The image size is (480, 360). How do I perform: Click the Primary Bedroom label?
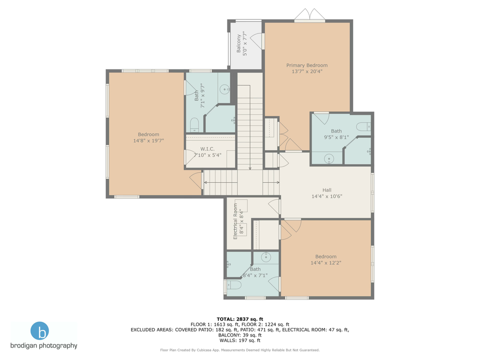(306, 65)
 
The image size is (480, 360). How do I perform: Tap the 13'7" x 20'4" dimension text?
(306, 71)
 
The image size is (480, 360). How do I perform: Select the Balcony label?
(238, 44)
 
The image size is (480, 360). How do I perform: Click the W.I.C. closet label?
(207, 148)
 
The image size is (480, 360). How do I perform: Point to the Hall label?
(326, 190)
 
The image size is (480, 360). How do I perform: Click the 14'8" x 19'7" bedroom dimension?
(148, 140)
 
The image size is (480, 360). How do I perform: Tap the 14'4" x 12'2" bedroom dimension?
(325, 262)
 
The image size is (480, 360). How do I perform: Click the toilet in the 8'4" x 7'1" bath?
(234, 285)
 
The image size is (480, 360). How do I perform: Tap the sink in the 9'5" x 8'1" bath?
(329, 159)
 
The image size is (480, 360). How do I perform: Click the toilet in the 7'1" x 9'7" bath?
(195, 125)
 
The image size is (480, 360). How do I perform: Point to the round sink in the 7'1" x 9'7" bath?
(225, 90)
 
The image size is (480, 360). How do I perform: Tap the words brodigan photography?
(44, 345)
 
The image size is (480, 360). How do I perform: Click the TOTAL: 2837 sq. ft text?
(239, 318)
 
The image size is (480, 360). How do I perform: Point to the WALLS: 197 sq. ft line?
(239, 340)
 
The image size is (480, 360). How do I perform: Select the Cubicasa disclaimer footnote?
(239, 350)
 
